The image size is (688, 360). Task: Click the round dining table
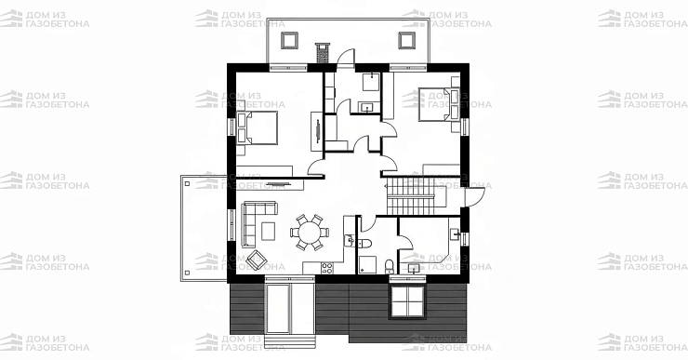310,233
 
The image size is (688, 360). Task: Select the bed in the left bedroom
258,127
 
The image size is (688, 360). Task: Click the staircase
416,195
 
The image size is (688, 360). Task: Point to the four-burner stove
327,267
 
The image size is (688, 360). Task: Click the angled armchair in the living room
257,260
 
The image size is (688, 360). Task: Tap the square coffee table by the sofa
268,231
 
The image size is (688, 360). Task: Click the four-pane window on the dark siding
407,301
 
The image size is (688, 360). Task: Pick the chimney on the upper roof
323,52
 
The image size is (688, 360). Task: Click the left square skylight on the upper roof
289,40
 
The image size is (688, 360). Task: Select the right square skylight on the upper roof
406,40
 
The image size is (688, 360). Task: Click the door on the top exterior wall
345,58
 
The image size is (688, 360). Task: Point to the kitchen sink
350,240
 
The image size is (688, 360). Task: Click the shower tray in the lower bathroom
367,265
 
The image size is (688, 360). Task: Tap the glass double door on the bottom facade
278,309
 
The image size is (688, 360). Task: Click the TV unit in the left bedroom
316,131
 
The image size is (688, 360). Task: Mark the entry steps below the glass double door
289,342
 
